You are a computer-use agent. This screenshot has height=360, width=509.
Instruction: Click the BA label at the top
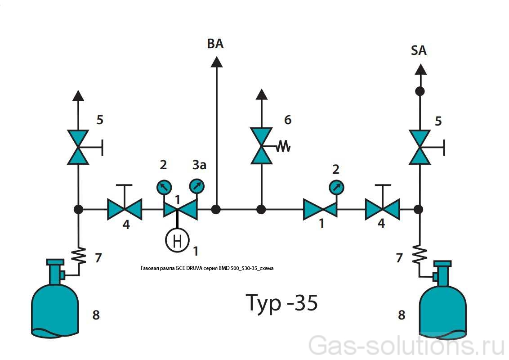click(x=215, y=44)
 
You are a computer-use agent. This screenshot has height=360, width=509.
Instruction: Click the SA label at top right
click(x=419, y=50)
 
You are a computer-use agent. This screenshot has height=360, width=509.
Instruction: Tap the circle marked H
click(x=177, y=240)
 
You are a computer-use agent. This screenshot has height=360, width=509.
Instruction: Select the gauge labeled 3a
click(x=196, y=185)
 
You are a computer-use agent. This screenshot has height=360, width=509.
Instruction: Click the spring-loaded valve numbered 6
click(x=262, y=146)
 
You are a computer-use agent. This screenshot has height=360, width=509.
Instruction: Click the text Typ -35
click(x=282, y=302)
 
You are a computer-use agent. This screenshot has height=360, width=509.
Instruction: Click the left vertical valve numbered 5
click(x=78, y=147)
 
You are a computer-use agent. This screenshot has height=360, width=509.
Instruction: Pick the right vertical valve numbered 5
click(x=420, y=147)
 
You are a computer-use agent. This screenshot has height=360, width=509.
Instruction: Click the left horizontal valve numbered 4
click(x=125, y=209)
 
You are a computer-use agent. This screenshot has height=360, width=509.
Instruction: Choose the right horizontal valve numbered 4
click(x=382, y=209)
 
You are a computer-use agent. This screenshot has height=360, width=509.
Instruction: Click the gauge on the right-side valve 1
click(x=335, y=186)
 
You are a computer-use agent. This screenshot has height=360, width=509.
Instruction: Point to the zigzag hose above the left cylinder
click(x=79, y=256)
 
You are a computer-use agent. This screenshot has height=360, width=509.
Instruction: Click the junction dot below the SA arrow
click(x=420, y=91)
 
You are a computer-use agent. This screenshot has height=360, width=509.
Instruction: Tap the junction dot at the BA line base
click(x=216, y=209)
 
